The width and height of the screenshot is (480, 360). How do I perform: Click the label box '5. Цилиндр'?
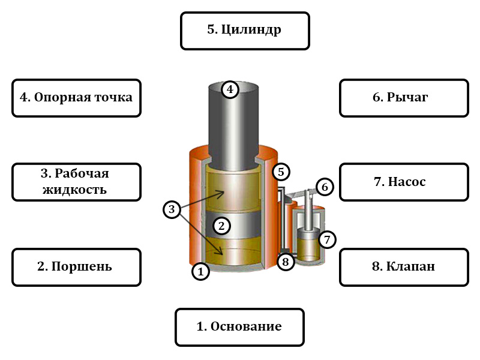[x=245, y=31]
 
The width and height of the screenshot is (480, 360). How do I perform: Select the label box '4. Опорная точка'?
[x=76, y=97]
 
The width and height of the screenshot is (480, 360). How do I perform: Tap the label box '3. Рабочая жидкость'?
[x=76, y=182]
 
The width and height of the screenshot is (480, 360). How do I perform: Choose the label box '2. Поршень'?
[x=76, y=267]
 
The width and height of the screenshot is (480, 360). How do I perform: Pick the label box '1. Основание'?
[x=239, y=327]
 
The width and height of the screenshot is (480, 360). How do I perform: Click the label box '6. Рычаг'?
[x=404, y=97]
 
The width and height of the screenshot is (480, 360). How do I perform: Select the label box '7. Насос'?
[x=404, y=182]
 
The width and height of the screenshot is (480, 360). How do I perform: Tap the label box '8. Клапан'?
[x=404, y=267]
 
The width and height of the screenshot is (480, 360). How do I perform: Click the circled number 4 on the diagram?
[x=230, y=90]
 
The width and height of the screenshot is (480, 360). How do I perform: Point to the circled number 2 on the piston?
[x=221, y=226]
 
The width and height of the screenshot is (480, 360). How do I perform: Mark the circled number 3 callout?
[x=172, y=209]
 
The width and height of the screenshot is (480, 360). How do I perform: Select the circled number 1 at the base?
[x=200, y=271]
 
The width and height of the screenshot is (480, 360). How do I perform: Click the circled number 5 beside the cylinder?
[x=281, y=172]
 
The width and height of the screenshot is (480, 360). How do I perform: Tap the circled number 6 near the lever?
[x=324, y=187]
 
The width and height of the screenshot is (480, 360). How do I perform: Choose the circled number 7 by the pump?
[x=327, y=239]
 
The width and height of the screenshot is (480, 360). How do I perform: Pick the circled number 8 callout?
[x=286, y=262]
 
